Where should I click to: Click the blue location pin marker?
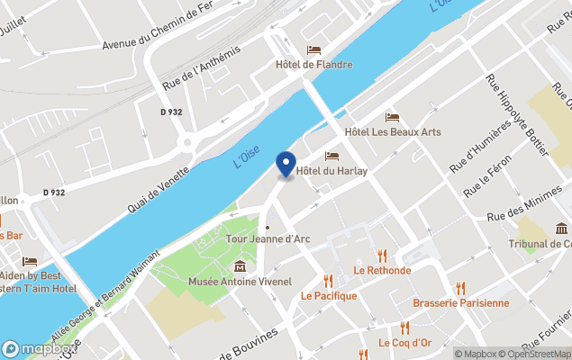click(x=286, y=165)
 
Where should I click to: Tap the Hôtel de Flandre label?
click(x=314, y=65)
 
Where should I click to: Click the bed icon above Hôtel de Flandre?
click(x=314, y=49)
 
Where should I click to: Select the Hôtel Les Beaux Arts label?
click(x=393, y=132)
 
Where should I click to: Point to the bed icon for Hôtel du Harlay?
click(x=331, y=157)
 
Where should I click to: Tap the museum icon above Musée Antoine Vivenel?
click(x=241, y=266)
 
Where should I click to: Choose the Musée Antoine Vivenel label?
click(x=241, y=283)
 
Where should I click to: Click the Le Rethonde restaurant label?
click(x=382, y=270)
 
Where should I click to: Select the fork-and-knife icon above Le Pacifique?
click(x=329, y=280)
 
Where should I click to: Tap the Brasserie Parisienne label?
click(x=461, y=303)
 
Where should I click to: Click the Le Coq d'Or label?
click(x=405, y=343)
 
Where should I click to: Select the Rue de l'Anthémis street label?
click(x=203, y=67)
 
